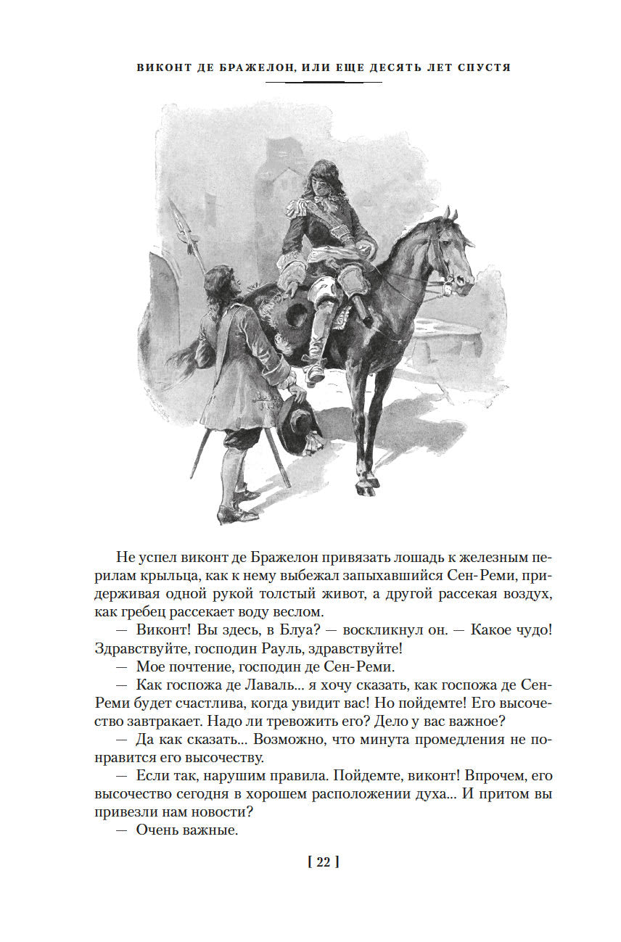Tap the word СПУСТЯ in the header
click(x=485, y=67)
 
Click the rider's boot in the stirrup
click(x=314, y=371)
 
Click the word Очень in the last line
click(x=157, y=830)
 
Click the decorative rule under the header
click(x=323, y=82)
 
